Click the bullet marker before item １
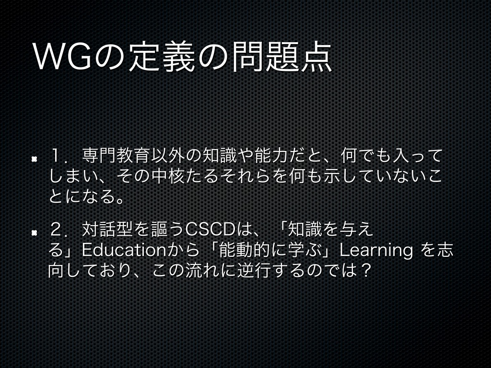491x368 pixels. [x=34, y=159]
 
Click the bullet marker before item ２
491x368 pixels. [x=34, y=232]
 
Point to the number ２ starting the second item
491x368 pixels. [x=57, y=230]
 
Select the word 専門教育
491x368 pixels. [x=117, y=156]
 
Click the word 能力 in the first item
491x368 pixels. [x=271, y=156]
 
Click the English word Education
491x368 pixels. [x=124, y=250]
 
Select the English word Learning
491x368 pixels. [x=376, y=251]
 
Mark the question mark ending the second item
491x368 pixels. [x=364, y=271]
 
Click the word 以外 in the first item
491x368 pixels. [x=168, y=156]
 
